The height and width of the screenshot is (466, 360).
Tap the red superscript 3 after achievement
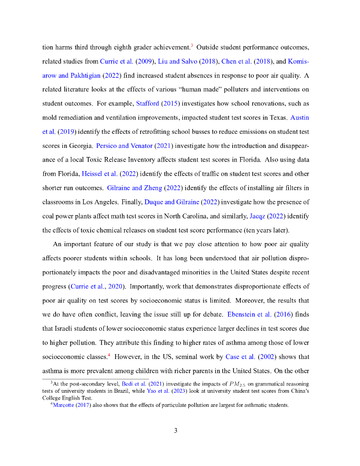192,45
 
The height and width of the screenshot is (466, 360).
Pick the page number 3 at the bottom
176,431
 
